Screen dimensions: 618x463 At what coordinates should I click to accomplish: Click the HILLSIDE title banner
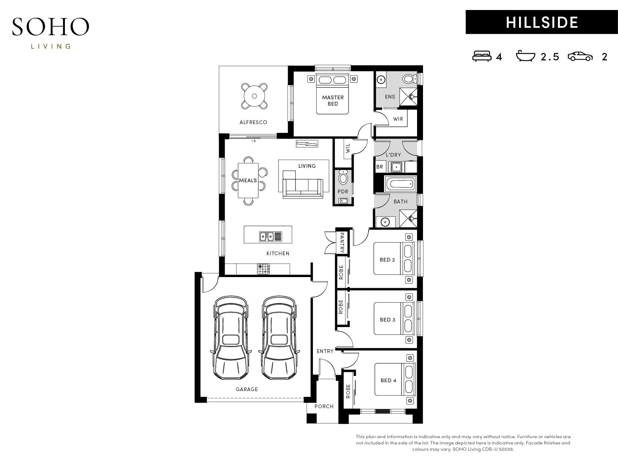541,22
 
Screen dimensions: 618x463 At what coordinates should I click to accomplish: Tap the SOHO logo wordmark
51,27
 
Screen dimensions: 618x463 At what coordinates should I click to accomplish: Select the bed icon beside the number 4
482,56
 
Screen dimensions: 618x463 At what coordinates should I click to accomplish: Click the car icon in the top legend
580,56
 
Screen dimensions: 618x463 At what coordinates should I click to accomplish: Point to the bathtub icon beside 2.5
525,56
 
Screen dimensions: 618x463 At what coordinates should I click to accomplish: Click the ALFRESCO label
253,122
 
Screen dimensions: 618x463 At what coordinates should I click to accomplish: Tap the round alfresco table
254,96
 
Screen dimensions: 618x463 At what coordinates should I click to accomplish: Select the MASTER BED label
333,101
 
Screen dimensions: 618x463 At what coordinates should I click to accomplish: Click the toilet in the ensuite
409,79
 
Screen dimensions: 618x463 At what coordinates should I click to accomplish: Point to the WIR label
398,119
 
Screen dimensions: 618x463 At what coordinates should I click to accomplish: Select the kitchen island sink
270,236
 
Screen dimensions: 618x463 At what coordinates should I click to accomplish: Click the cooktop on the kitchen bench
264,269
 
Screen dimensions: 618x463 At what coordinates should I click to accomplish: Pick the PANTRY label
342,243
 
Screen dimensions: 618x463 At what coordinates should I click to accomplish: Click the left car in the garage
231,337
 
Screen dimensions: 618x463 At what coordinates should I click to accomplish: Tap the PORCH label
324,406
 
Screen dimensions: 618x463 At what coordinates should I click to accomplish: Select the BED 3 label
387,320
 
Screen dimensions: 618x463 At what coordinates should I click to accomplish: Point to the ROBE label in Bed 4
348,391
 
